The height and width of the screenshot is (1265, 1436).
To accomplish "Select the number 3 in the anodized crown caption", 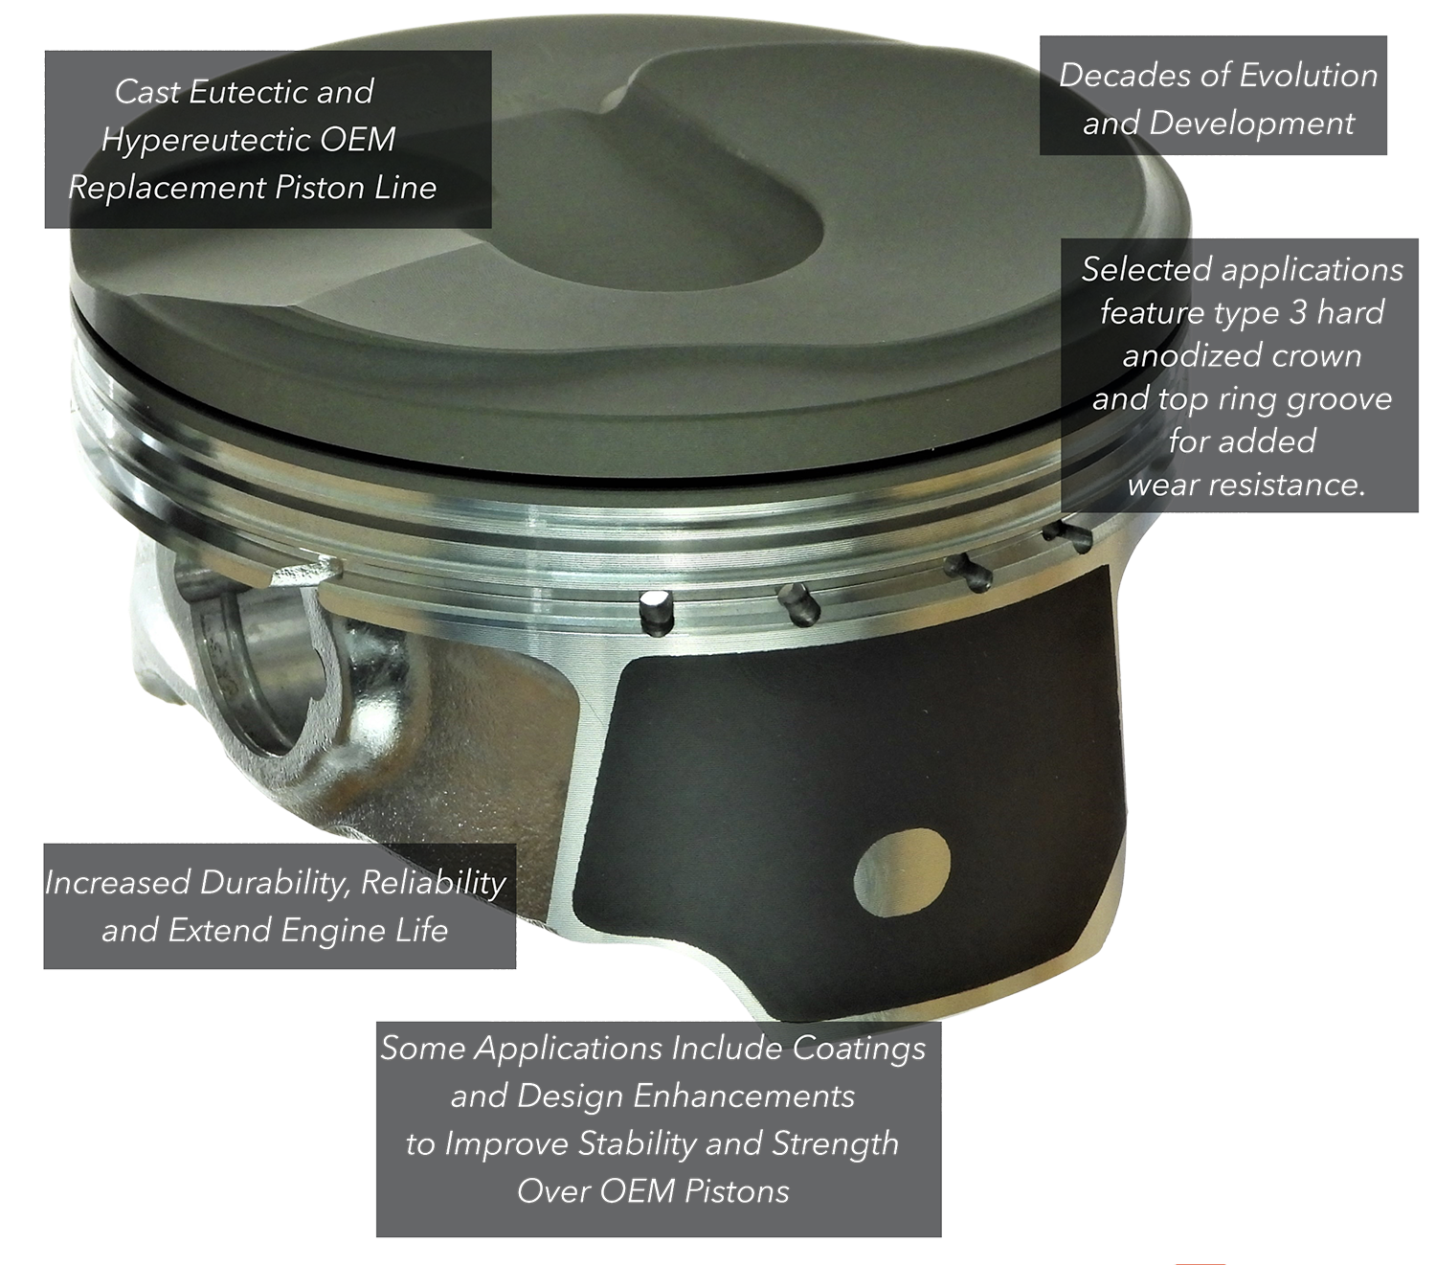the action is pyautogui.click(x=1297, y=313).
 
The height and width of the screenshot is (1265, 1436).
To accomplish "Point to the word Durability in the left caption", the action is pyautogui.click(x=276, y=884).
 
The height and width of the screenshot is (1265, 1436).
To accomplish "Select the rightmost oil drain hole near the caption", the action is pyautogui.click(x=1068, y=537).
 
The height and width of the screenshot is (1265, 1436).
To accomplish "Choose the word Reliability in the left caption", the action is pyautogui.click(x=433, y=884).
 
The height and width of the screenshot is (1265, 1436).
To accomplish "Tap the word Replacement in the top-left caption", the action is pyautogui.click(x=167, y=189).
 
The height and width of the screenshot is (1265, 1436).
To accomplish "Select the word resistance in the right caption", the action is pyautogui.click(x=1288, y=486).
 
